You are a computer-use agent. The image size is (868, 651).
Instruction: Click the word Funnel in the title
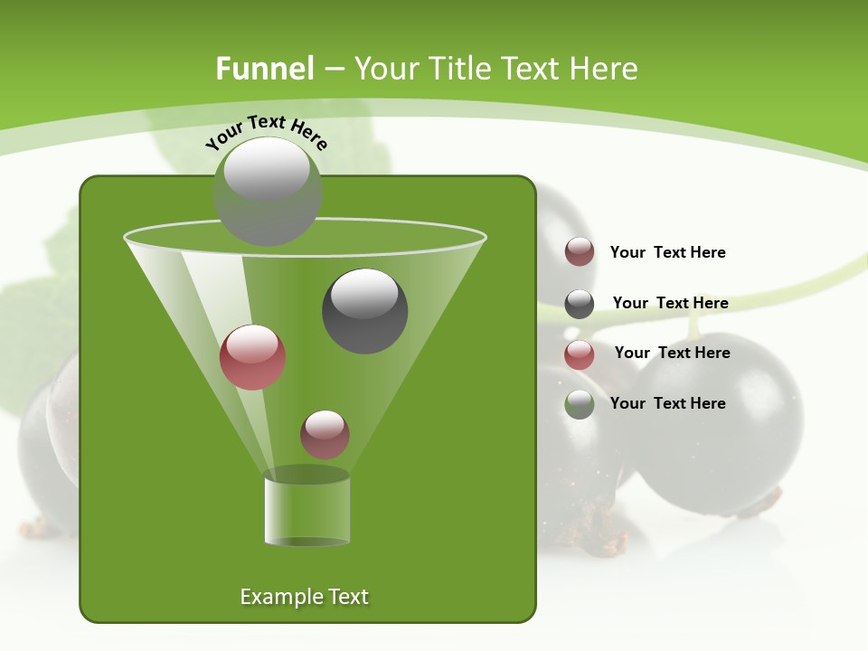pos(264,69)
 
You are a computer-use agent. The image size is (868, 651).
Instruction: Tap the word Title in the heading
pos(458,69)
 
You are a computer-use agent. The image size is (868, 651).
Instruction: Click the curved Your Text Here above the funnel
pos(266,130)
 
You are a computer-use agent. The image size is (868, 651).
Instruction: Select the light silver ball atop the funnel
pos(268,190)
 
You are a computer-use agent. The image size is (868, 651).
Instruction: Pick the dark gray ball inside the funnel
pos(365,310)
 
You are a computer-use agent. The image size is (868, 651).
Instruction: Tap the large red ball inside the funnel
pos(253,357)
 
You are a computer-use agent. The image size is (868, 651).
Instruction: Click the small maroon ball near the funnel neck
pos(325,434)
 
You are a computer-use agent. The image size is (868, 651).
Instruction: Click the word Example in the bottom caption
pos(280,597)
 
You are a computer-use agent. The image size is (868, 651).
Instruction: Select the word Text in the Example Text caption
pos(347,597)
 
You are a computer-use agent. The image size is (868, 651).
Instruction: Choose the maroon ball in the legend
pos(580,252)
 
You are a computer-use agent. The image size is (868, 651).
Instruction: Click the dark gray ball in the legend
pos(580,304)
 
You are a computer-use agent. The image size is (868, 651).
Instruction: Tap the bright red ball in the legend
pos(580,354)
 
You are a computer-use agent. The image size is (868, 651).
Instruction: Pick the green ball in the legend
pos(580,404)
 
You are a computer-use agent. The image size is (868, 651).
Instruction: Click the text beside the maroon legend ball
pos(667,252)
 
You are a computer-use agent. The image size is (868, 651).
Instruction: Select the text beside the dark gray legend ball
pos(670,303)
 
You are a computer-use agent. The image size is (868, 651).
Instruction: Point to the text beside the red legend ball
pos(672,353)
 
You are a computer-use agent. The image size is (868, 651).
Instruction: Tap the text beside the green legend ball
pos(667,403)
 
